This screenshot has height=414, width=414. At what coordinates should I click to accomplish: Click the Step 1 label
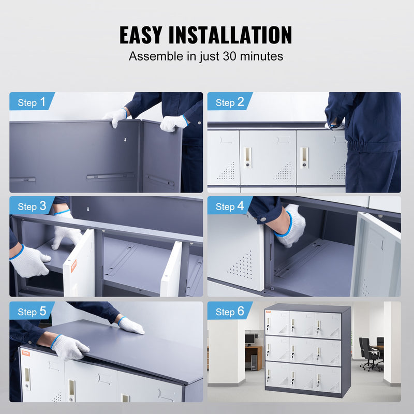coord(32,102)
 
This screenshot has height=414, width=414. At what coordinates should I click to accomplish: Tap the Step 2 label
coord(230,102)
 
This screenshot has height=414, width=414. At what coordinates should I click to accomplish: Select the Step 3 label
coord(32,206)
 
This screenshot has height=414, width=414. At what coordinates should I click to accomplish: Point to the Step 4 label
coord(230,206)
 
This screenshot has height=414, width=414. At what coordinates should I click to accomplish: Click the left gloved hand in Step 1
coord(115,117)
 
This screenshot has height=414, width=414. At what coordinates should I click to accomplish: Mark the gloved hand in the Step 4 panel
coord(292,226)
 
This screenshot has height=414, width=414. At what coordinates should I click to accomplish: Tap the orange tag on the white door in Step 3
coord(73,265)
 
